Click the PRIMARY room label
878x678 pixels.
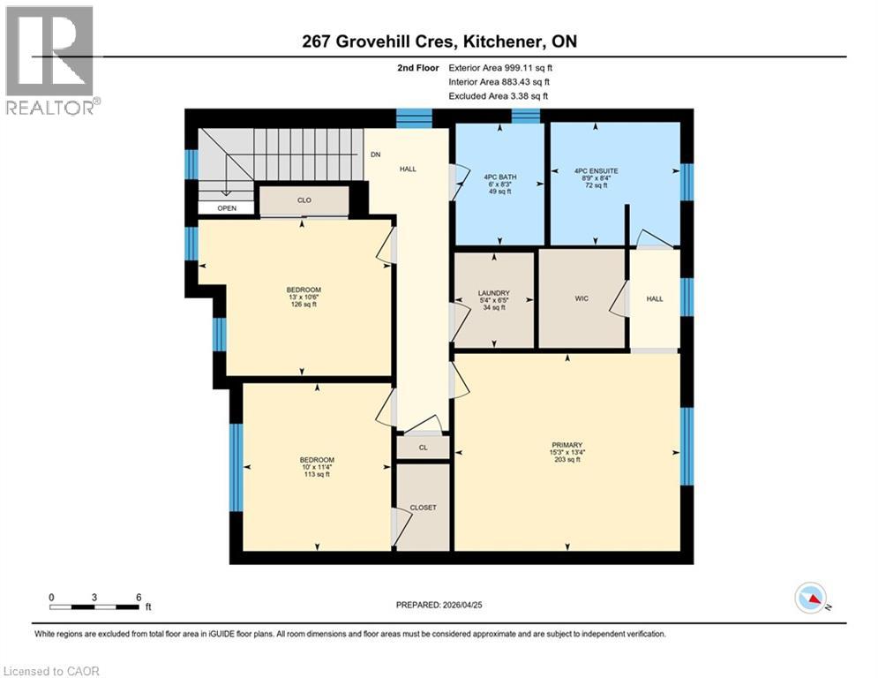click(567, 445)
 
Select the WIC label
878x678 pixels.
click(582, 299)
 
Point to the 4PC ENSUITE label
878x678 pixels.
click(593, 170)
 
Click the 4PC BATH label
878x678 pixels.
click(499, 177)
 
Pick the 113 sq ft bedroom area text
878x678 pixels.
click(316, 474)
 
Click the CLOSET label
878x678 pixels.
click(423, 508)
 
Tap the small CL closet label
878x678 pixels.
click(423, 448)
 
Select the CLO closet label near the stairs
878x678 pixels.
click(304, 200)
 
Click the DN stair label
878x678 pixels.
click(375, 154)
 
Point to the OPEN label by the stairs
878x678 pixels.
click(227, 208)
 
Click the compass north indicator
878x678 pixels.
click(810, 599)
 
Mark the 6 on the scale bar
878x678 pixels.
click(139, 597)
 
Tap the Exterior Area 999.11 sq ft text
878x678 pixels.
click(500, 67)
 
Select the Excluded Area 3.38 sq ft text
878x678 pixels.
click(499, 95)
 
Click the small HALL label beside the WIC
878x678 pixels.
click(654, 299)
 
